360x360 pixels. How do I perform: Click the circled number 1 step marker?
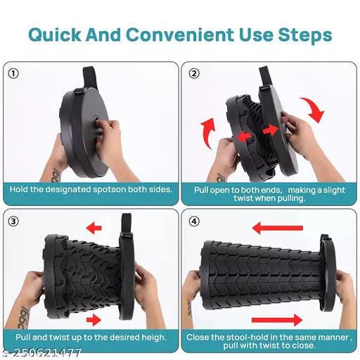pos(13,74)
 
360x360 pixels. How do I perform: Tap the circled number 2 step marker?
pos(194,73)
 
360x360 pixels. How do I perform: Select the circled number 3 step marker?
pos(13,221)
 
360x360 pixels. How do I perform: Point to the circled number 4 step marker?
pos(194,221)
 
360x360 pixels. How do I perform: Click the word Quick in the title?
pos(55,35)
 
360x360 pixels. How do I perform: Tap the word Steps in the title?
pos(305,35)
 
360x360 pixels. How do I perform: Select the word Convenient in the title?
pos(180,34)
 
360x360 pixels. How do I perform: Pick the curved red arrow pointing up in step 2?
pos(208,133)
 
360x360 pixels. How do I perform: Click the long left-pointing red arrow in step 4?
pos(278,228)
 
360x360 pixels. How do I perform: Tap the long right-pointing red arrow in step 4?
pos(277,320)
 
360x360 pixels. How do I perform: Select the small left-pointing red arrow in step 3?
pos(94,228)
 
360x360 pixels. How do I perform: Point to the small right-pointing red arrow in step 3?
pos(94,320)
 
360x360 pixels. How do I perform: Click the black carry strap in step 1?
pos(90,77)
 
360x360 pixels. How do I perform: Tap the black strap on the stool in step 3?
pos(127,225)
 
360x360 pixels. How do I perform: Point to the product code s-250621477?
pos(40,353)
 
